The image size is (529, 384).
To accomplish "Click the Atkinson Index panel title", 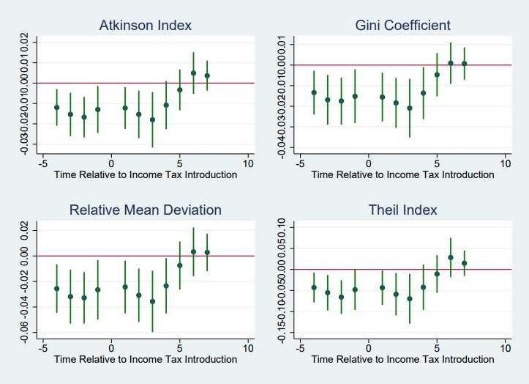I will [x=145, y=26].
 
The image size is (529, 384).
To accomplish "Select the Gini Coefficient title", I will [x=402, y=26].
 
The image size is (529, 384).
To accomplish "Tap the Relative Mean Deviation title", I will [x=145, y=210].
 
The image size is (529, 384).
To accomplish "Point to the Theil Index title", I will [x=402, y=210].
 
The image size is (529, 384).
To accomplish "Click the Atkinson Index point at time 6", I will [x=193, y=73].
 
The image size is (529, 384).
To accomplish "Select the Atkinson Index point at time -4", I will [x=57, y=108].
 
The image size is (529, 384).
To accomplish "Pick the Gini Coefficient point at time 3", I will [x=410, y=108].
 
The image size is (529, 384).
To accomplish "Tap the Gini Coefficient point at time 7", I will [x=464, y=64].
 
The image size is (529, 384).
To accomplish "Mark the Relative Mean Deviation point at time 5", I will [x=180, y=265].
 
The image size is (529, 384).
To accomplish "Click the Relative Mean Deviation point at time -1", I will [x=98, y=289].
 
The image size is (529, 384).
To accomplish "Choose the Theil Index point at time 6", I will [x=451, y=257].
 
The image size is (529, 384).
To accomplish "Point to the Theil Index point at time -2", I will [x=341, y=297].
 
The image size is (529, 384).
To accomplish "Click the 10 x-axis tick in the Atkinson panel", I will [x=247, y=163].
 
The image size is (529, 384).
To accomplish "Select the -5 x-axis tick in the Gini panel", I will [x=299, y=163].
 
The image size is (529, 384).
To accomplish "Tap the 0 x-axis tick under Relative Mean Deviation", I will [x=111, y=347].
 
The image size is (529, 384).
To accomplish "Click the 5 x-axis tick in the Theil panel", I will [x=437, y=347].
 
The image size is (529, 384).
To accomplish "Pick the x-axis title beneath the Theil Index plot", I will [x=402, y=359].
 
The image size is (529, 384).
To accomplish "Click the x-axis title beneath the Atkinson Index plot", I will [x=145, y=174].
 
